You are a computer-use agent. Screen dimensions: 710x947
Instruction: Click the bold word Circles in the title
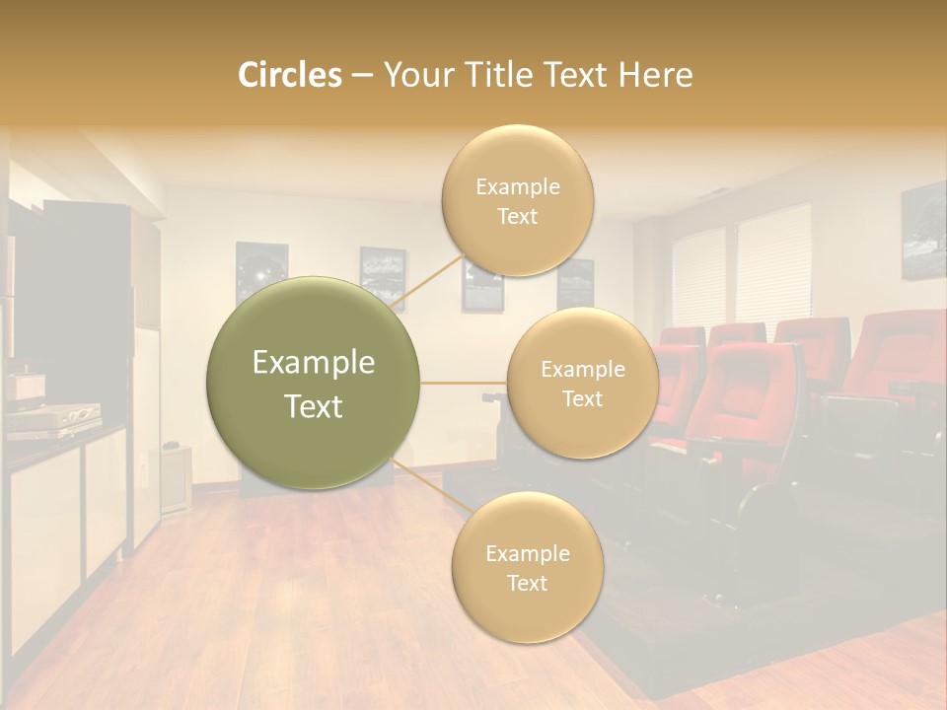pyautogui.click(x=289, y=75)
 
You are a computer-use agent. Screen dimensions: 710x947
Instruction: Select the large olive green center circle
pyautogui.click(x=314, y=383)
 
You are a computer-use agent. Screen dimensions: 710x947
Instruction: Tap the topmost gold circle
pyautogui.click(x=517, y=201)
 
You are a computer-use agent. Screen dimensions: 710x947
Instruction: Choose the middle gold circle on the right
pyautogui.click(x=582, y=384)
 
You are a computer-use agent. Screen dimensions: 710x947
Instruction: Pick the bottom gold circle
pyautogui.click(x=527, y=568)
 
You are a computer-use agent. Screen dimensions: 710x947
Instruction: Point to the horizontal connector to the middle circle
pyautogui.click(x=463, y=383)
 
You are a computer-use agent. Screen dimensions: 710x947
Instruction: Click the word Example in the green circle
pyautogui.click(x=314, y=363)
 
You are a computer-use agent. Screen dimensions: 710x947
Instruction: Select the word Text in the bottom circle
pyautogui.click(x=527, y=583)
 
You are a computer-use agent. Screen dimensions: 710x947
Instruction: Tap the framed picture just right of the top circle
pyautogui.click(x=575, y=284)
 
